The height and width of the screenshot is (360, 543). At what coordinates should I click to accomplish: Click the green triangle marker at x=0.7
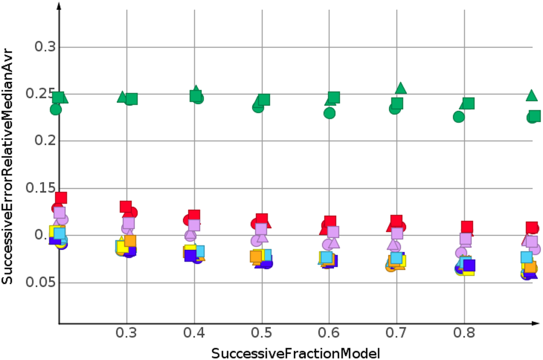[x=401, y=88]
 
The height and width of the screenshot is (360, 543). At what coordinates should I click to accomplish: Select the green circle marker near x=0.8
[x=459, y=117]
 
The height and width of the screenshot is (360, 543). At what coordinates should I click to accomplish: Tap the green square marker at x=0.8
[x=468, y=103]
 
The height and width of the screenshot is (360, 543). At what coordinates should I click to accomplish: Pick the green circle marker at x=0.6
[x=329, y=113]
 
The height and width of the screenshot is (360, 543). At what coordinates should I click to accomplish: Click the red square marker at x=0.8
[x=467, y=227]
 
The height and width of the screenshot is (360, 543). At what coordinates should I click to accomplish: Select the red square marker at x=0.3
[x=126, y=207]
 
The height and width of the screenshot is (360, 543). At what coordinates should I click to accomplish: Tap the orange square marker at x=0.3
[x=130, y=241]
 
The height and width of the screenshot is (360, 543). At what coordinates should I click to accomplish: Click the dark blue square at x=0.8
[x=469, y=265]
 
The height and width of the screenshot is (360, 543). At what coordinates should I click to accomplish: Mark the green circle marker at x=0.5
[x=258, y=107]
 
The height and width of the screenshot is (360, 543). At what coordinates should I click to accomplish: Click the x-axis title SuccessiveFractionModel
[x=296, y=352]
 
